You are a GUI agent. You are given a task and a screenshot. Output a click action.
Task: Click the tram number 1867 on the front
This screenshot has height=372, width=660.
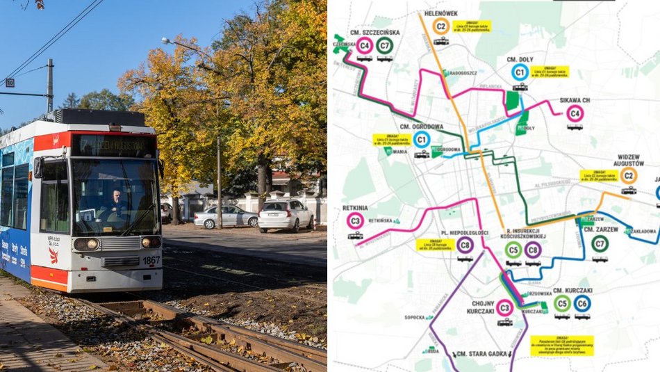tap(151, 260)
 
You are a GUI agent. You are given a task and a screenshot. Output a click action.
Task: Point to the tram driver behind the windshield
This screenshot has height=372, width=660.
tap(117, 202)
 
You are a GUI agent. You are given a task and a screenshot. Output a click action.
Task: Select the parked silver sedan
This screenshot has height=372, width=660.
tap(226, 217)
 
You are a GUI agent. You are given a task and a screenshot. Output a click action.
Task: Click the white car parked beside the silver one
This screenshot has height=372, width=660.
tap(286, 215)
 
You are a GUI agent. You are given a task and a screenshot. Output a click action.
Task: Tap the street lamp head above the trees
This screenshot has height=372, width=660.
tap(167, 41)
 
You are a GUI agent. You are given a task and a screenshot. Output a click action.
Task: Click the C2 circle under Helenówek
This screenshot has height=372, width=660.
tap(440, 26)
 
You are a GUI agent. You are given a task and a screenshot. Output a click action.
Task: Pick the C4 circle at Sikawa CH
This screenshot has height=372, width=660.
tap(575, 113)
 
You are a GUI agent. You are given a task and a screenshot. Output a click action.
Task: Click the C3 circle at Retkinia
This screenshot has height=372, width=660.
tap(355, 221)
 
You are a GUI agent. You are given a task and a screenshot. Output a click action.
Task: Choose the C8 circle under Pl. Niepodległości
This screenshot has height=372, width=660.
tap(465, 245)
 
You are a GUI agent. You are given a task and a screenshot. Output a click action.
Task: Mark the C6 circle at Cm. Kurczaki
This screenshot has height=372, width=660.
tap(582, 303)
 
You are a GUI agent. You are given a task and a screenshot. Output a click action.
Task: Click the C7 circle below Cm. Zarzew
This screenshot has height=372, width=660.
tap(600, 243)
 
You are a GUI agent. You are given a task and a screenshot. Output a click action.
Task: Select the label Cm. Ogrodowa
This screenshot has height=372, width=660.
tap(421, 127)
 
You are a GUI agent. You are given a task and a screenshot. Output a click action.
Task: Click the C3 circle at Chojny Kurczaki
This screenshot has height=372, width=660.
tap(505, 308)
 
